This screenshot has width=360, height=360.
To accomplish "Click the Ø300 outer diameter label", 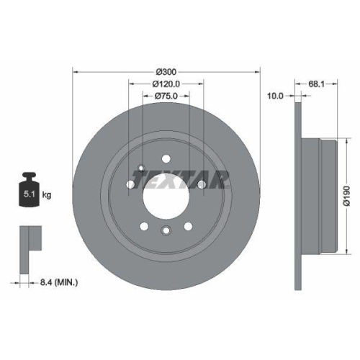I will point(166,72).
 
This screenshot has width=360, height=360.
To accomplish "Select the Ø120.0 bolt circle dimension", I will point(166,84).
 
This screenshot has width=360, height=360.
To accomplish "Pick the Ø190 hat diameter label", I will point(346,195).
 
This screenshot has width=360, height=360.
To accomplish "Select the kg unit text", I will point(46,194).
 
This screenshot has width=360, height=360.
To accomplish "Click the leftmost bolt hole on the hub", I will point(130,185).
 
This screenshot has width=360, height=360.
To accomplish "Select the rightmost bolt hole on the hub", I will point(202,185).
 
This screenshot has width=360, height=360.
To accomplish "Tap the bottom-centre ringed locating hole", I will point(166,230).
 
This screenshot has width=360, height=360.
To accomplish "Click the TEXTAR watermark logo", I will point(184,177).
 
